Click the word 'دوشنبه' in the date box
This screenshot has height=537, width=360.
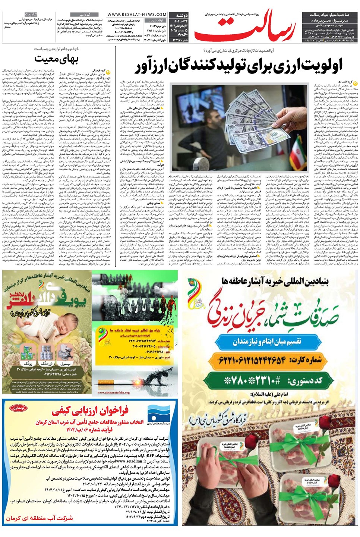[x=182, y=16]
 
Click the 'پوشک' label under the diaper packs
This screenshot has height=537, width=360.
[x=27, y=363]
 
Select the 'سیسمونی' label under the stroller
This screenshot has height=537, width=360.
[x=65, y=363]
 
